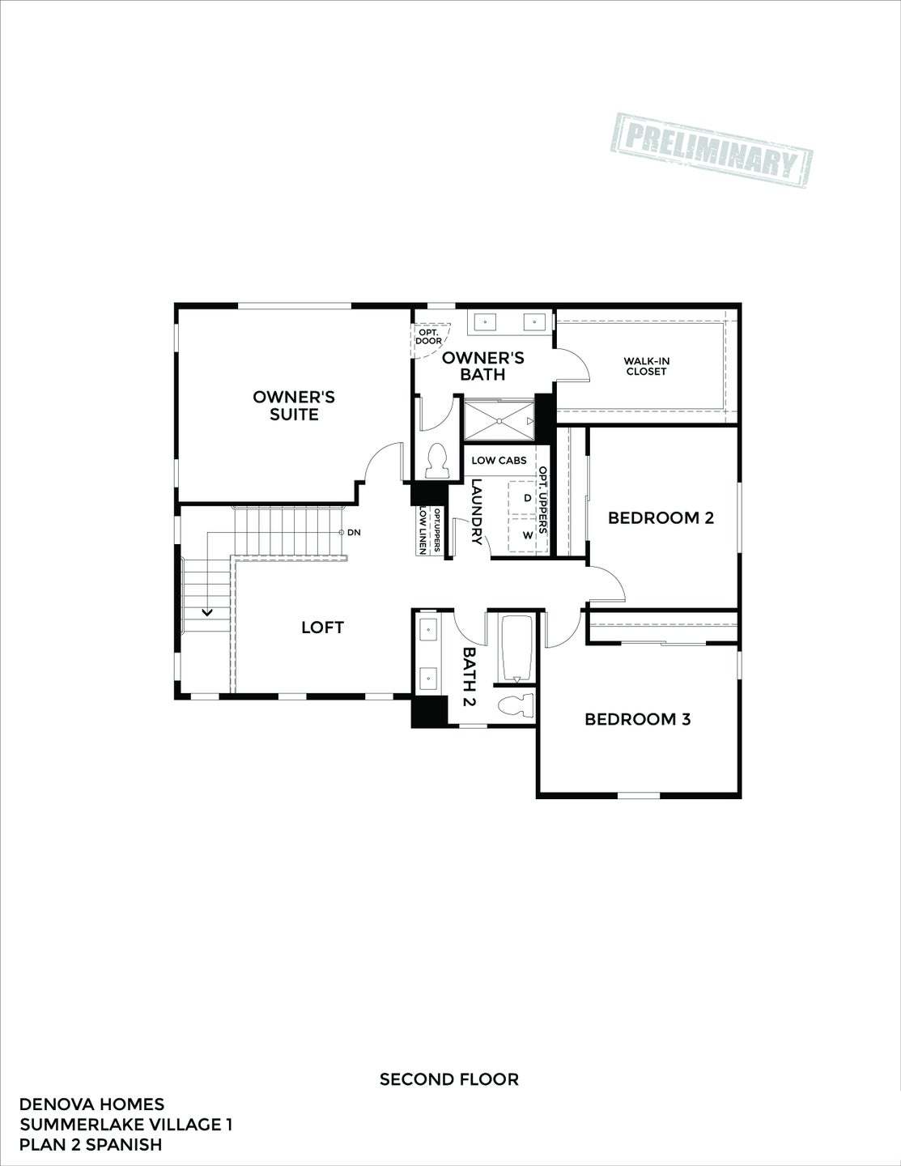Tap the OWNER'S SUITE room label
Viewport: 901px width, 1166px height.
point(294,406)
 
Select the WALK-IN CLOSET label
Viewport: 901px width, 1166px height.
point(646,367)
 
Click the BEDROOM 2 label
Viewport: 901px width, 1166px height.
point(661,517)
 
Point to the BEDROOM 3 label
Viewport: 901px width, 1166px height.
point(638,719)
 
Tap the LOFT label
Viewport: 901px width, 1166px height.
point(322,627)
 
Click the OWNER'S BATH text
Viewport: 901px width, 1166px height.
point(483,366)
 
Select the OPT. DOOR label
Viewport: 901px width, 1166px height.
point(428,336)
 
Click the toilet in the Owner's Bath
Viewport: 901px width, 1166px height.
point(436,460)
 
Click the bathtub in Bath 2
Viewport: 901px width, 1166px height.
point(516,649)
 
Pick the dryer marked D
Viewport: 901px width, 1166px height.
point(528,498)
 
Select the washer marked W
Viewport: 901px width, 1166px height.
point(528,535)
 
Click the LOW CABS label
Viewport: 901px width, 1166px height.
point(499,460)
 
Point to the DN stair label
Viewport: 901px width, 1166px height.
point(354,533)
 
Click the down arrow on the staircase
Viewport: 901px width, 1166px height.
point(207,613)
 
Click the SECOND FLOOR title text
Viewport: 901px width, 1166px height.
point(449,1079)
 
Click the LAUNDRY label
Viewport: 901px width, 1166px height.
point(477,513)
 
